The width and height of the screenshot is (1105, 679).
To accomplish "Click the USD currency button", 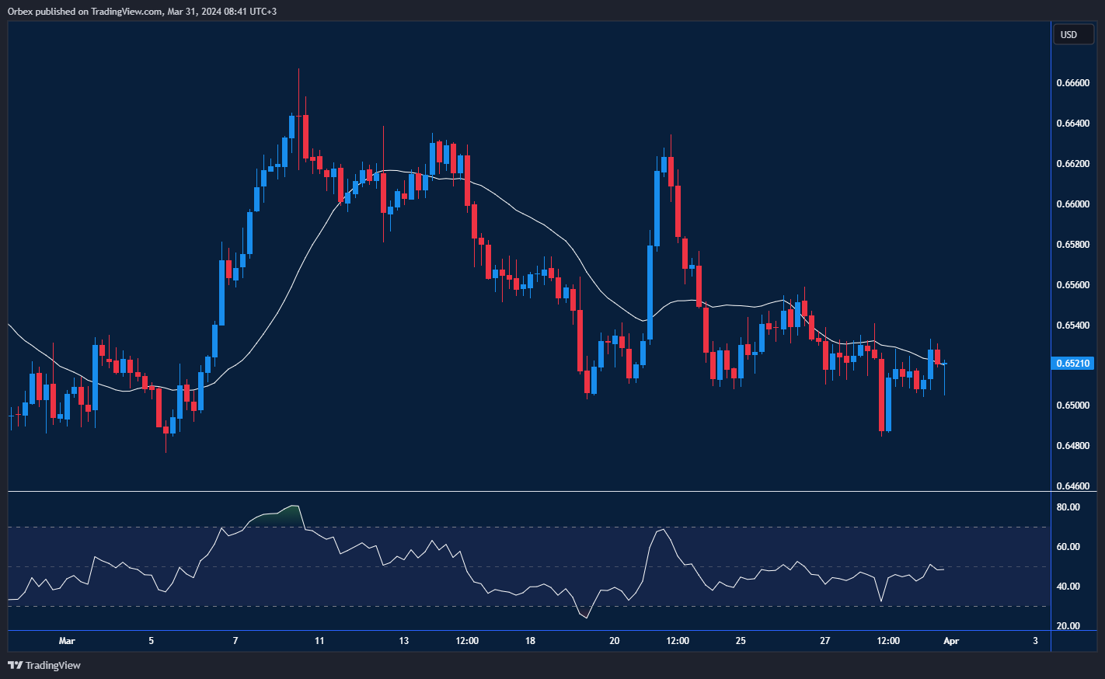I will pos(1069,34).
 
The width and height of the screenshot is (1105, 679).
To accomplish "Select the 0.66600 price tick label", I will pos(1072,83).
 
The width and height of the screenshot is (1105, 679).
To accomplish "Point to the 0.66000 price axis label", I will pos(1072,204).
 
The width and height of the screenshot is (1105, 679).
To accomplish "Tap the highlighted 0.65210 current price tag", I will pos(1072,363).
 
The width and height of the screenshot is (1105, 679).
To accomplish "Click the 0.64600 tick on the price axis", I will pos(1072,486).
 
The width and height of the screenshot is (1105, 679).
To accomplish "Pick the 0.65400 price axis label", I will pos(1072,325).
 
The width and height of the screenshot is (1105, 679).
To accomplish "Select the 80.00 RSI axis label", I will pos(1068,507).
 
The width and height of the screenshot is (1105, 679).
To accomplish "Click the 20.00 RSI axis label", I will pos(1068,626).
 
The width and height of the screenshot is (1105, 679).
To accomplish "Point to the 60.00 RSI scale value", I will pos(1068,547).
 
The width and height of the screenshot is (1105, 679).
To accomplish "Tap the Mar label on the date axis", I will pos(67,641).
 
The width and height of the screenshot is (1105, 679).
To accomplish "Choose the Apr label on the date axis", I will pos(951,641).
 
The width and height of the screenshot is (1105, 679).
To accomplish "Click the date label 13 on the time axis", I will pos(403,641).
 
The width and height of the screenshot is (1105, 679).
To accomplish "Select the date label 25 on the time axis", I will pos(741,641).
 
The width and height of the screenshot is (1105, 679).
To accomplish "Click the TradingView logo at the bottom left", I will pos(44,665).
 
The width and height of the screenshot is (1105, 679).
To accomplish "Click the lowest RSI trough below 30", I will pos(586,618).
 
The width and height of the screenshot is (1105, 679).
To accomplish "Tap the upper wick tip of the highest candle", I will pos(298,69).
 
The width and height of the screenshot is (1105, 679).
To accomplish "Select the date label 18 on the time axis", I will pos(530,641).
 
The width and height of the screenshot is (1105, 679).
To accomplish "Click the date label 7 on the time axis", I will pos(235,641).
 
